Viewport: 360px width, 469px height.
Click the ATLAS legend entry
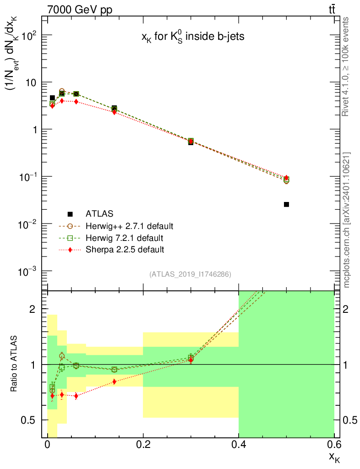99,213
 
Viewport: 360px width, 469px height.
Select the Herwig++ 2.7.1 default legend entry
129,226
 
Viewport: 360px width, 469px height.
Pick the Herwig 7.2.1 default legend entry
125,238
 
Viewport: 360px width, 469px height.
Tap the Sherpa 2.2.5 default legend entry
125,250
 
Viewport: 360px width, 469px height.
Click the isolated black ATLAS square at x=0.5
286,204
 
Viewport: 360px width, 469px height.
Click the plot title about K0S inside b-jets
192,38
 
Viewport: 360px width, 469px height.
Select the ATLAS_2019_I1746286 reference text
190,274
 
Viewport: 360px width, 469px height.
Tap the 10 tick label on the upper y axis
31,82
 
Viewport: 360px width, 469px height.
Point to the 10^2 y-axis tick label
27,35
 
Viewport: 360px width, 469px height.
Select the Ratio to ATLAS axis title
15,365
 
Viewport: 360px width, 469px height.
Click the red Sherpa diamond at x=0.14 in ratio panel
114,382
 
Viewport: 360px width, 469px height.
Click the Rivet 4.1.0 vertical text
346,66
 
